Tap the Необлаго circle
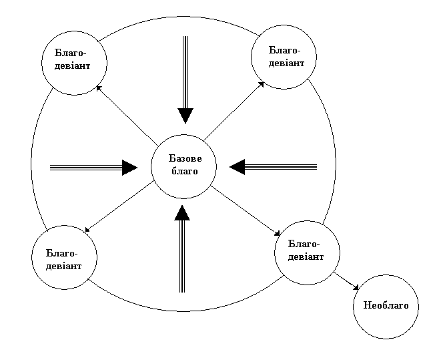(386, 307)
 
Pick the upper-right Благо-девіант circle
(283, 56)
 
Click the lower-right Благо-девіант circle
(308, 250)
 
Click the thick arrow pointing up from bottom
(181, 250)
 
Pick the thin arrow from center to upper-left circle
(127, 114)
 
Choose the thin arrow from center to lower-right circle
(246, 210)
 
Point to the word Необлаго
(386, 307)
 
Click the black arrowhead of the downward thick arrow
(185, 115)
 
